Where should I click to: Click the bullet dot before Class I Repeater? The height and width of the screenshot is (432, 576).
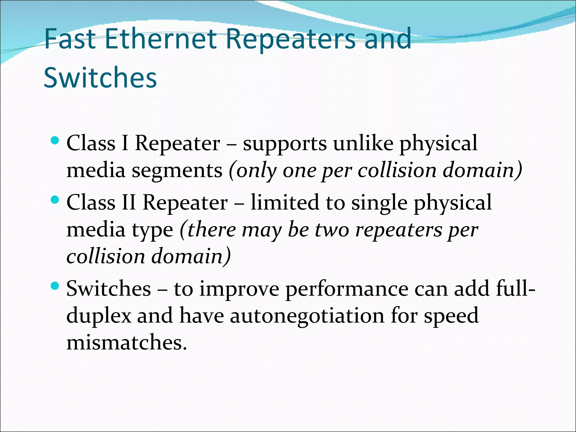point(55,140)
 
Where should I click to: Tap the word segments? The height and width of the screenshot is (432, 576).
point(177,171)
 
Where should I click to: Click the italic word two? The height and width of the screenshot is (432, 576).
point(332,230)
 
